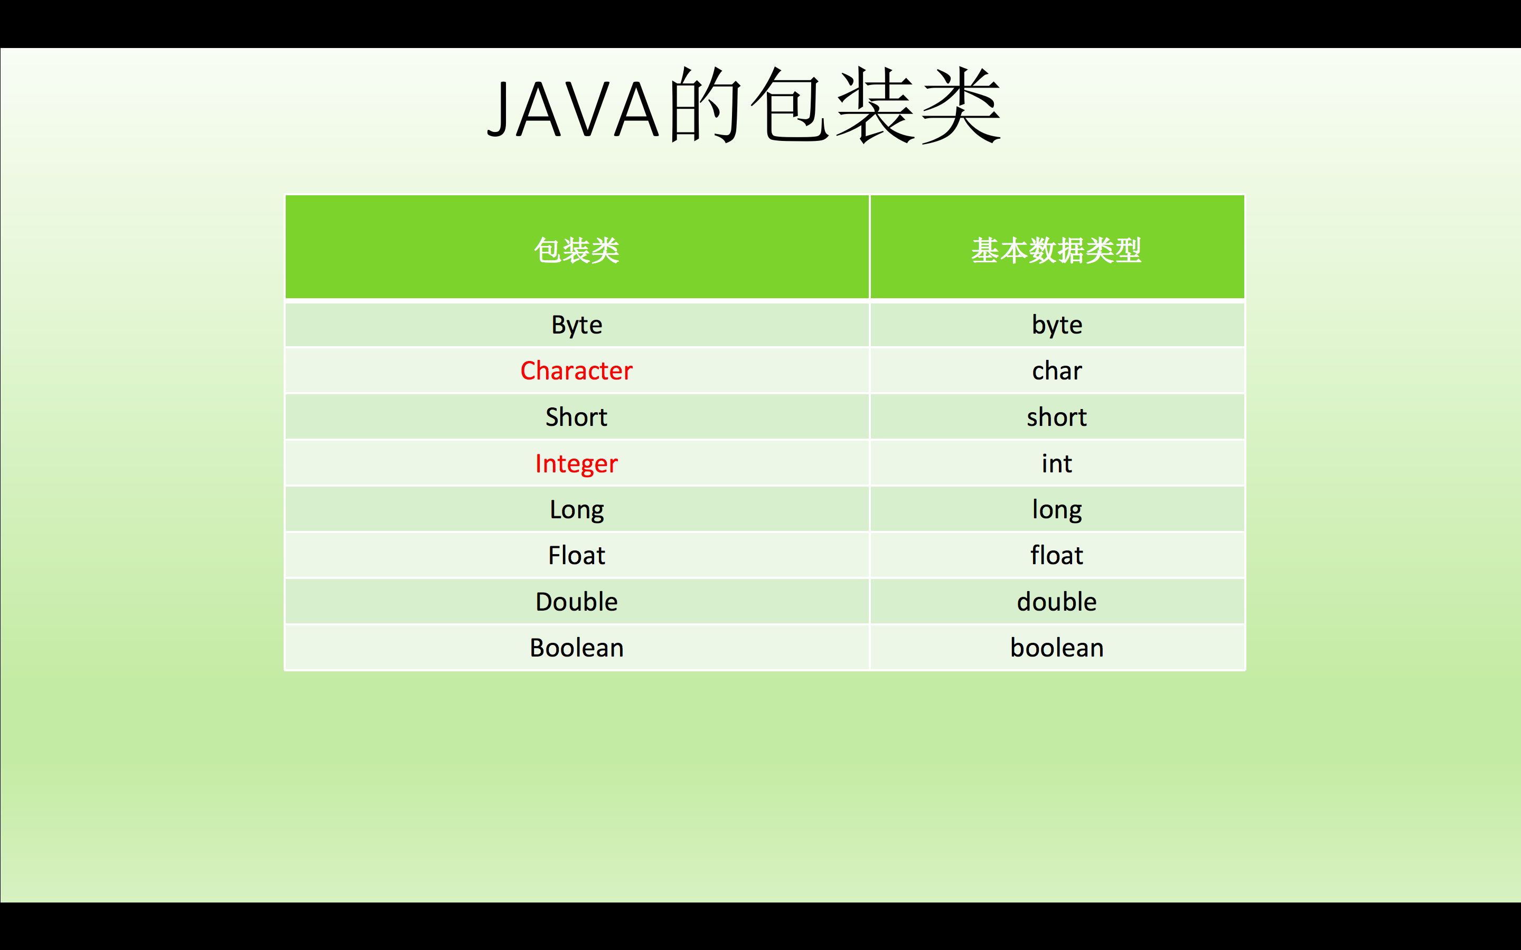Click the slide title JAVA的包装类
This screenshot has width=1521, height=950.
pos(744,107)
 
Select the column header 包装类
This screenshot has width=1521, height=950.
pos(576,250)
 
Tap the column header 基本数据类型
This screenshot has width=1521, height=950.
pos(1057,250)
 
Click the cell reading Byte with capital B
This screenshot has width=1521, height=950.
pos(576,325)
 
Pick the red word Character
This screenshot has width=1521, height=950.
pos(576,370)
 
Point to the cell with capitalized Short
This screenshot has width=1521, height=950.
pos(576,417)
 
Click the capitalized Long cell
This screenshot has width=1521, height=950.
pos(576,509)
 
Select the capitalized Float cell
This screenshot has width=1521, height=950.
pos(576,555)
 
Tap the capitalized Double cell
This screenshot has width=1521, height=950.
pos(576,602)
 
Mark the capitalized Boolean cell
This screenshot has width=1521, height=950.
pos(576,648)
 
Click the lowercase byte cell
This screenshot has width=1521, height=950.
pos(1057,325)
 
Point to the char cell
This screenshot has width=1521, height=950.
pos(1057,370)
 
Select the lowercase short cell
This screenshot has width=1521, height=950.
pos(1057,417)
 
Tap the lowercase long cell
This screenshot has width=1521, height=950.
pos(1057,509)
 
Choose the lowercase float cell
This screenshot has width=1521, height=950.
pos(1057,555)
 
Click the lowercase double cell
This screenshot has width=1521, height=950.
pos(1057,602)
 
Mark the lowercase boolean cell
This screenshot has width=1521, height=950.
pos(1057,648)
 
